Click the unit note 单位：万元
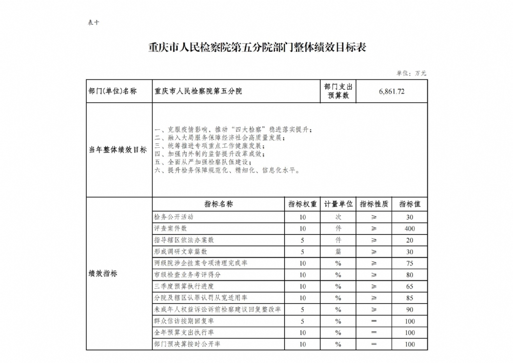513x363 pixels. pos(411,73)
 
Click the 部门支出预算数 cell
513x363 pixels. pos(339,91)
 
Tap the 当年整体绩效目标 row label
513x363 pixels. pos(118,150)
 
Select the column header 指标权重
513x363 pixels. pos(303,204)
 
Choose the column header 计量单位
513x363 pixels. pos(339,204)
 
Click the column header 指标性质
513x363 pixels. pos(374,204)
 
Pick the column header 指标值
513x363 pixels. pos(410,204)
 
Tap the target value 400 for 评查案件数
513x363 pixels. pos(409,228)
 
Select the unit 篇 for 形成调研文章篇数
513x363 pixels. pos(339,252)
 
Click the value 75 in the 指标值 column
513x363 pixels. pos(409,263)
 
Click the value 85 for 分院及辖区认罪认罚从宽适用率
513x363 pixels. pos(409,298)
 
